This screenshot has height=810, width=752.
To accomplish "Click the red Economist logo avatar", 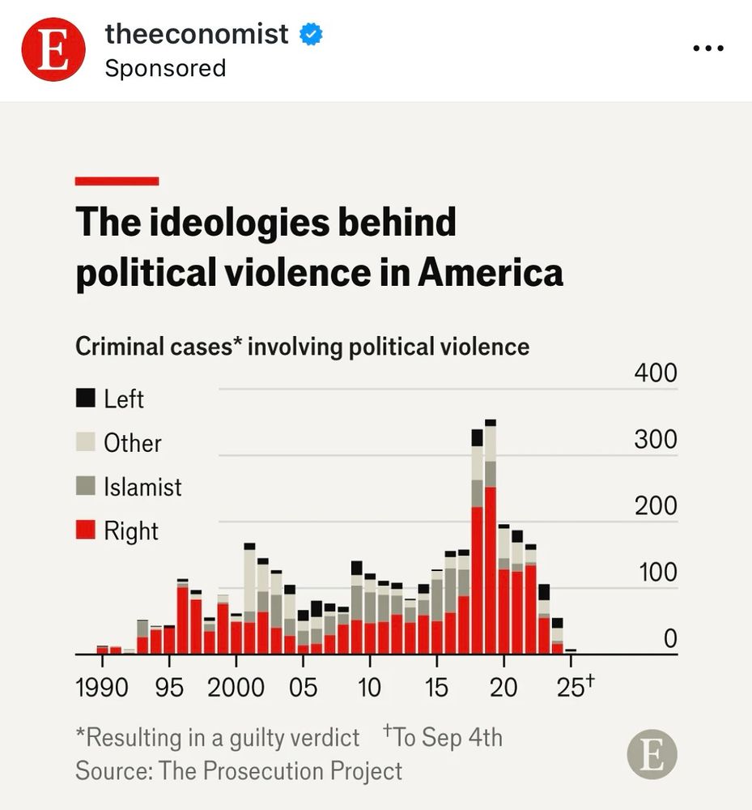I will (53, 49).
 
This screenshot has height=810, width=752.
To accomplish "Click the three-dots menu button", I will (707, 48).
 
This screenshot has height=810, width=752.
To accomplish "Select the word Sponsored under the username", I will (165, 67).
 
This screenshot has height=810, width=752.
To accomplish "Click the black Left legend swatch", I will (85, 399).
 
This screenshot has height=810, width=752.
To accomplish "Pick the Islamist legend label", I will (142, 487).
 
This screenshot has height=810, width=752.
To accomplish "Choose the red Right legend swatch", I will (85, 531).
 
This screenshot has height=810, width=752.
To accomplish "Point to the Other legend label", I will (133, 443).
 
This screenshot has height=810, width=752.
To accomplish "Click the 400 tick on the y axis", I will (655, 373).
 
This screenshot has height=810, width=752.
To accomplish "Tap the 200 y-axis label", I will (655, 506).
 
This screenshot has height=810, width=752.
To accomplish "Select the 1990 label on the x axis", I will (101, 688).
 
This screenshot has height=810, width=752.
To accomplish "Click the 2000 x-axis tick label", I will (236, 688).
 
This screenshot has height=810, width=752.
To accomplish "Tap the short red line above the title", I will (117, 181).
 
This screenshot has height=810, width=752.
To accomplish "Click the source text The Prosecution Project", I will (281, 770).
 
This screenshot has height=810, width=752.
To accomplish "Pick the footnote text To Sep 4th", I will (447, 738).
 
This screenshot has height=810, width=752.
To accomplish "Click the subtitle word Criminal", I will (115, 347).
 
